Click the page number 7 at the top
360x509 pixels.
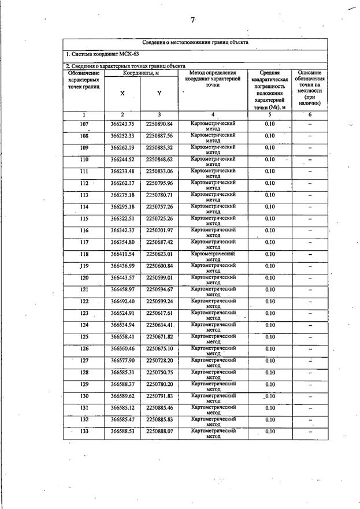pyautogui.click(x=193, y=20)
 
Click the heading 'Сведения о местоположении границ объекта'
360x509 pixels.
pyautogui.click(x=195, y=43)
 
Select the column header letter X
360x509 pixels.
pyautogui.click(x=122, y=93)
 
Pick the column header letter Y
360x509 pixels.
pyautogui.click(x=159, y=93)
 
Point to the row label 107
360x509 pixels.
pyautogui.click(x=84, y=124)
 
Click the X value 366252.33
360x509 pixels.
pyautogui.click(x=122, y=136)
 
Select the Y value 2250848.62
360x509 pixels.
pyautogui.click(x=159, y=159)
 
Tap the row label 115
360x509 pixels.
pyautogui.click(x=84, y=218)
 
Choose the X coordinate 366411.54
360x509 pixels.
pyautogui.click(x=122, y=254)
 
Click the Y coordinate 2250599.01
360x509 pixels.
pyautogui.click(x=159, y=277)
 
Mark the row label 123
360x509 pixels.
pyautogui.click(x=84, y=313)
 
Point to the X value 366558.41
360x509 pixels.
pyautogui.click(x=122, y=336)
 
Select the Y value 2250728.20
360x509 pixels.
pyautogui.click(x=159, y=360)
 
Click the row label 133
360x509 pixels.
pyautogui.click(x=84, y=431)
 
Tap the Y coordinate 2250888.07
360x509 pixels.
pyautogui.click(x=159, y=431)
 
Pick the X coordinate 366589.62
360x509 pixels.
pyautogui.click(x=122, y=396)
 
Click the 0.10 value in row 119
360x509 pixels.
pyautogui.click(x=269, y=266)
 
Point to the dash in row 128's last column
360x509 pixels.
pyautogui.click(x=310, y=373)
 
